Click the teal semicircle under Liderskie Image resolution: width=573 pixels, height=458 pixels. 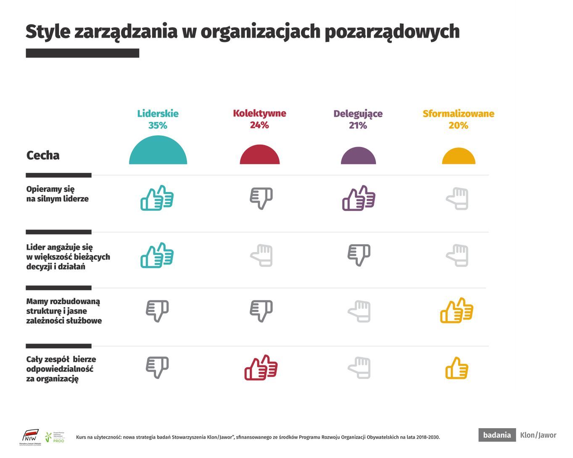click(158, 151)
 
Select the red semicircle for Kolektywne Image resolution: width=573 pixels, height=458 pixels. click(259, 155)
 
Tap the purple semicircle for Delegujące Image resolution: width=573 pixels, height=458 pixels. click(358, 156)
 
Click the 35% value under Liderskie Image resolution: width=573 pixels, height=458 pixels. click(158, 125)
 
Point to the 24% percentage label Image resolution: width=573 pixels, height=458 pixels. click(259, 125)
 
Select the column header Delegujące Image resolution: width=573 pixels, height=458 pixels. click(358, 113)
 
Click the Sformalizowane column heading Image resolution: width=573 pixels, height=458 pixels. click(458, 113)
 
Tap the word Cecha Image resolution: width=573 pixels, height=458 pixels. click(43, 155)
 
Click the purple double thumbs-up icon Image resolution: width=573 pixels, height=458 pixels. click(359, 198)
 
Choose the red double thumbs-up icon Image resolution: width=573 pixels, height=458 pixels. click(261, 368)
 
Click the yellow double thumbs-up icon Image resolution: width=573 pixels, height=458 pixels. click(457, 311)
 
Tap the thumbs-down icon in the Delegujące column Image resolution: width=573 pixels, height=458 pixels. click(359, 255)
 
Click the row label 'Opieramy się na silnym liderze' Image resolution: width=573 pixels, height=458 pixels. click(57, 194)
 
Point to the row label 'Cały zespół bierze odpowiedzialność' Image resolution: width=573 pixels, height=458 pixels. click(61, 369)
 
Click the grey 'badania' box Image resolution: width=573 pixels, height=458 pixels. click(497, 435)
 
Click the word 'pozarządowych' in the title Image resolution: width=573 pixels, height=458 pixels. click(392, 32)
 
